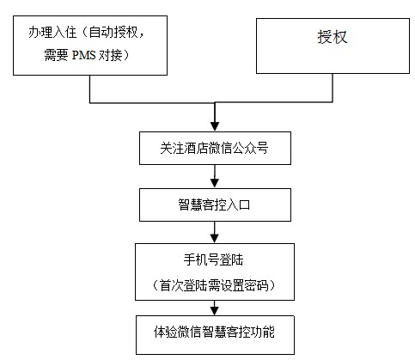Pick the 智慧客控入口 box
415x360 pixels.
214,204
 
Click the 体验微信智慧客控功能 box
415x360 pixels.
214,332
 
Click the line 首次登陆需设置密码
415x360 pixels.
214,284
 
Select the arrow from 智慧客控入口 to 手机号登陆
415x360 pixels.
215,232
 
